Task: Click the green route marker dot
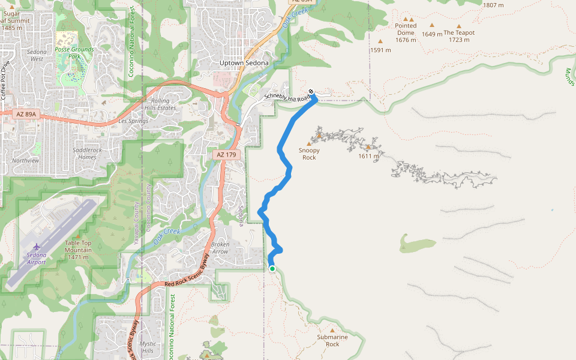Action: (x=272, y=268)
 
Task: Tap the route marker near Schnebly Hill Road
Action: (x=311, y=92)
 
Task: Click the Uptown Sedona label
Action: (x=244, y=63)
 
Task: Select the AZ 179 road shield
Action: (x=226, y=155)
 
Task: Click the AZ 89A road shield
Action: (x=26, y=113)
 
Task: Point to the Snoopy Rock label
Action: (x=309, y=154)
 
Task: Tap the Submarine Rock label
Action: (x=332, y=340)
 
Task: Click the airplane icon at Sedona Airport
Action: (x=37, y=247)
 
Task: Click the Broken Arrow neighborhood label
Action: (x=220, y=248)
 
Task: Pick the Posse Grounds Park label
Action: (x=74, y=53)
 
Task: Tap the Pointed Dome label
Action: (x=406, y=29)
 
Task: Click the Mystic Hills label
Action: (x=148, y=347)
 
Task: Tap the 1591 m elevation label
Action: (x=380, y=50)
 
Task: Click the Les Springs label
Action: (x=133, y=121)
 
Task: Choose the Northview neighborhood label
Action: (x=25, y=160)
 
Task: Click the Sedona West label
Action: (x=36, y=55)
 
